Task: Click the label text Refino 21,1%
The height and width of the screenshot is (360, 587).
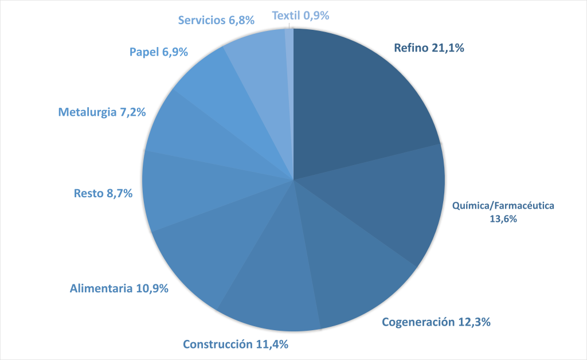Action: click(x=428, y=49)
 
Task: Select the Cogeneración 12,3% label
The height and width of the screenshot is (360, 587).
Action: click(x=436, y=322)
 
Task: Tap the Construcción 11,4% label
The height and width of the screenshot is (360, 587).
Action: click(x=235, y=345)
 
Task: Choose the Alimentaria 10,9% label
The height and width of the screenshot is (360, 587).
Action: click(x=119, y=288)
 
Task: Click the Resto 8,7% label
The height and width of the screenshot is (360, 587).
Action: click(x=103, y=194)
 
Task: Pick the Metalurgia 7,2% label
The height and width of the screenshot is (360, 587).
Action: click(x=102, y=112)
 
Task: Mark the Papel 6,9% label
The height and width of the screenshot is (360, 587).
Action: click(x=159, y=52)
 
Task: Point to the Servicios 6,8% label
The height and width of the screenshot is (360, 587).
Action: click(x=216, y=20)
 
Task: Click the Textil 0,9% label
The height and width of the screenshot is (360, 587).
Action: click(x=300, y=16)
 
